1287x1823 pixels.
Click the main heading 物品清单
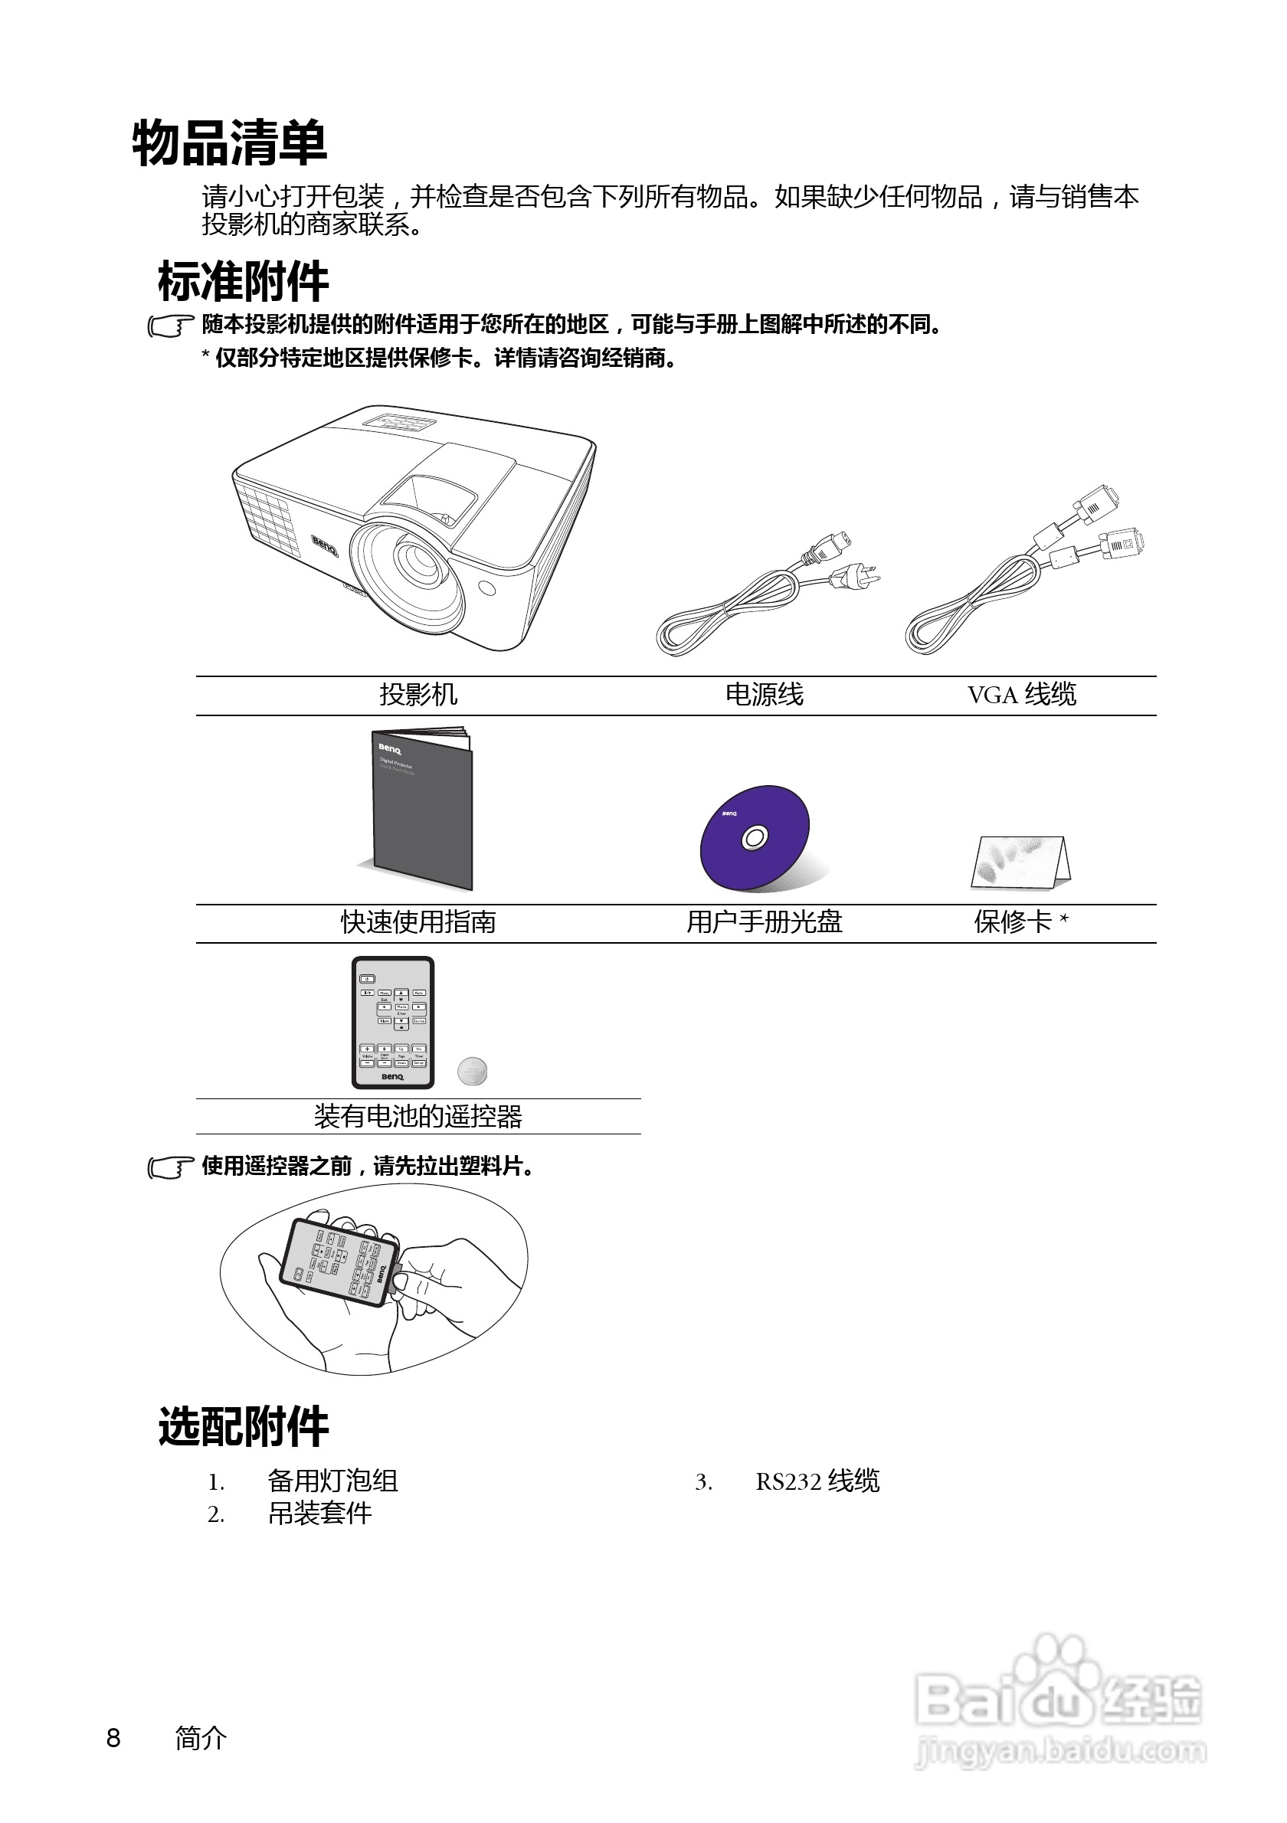(x=230, y=144)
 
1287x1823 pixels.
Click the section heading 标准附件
(x=243, y=282)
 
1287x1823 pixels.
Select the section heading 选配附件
(x=243, y=1427)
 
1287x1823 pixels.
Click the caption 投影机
(x=418, y=695)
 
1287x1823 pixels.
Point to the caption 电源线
(x=764, y=695)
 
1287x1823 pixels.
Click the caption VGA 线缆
(x=1021, y=695)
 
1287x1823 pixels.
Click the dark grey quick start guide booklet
(x=423, y=810)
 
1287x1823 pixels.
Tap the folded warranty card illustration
(x=1020, y=863)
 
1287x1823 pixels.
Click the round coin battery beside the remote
(x=473, y=1071)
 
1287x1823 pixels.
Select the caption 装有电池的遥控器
(x=418, y=1117)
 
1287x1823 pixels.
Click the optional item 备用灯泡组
(x=332, y=1481)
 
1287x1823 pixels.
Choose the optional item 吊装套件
(x=320, y=1514)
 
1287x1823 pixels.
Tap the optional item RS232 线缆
(x=817, y=1481)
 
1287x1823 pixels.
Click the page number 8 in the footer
(x=113, y=1738)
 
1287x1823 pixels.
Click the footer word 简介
(x=201, y=1738)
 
